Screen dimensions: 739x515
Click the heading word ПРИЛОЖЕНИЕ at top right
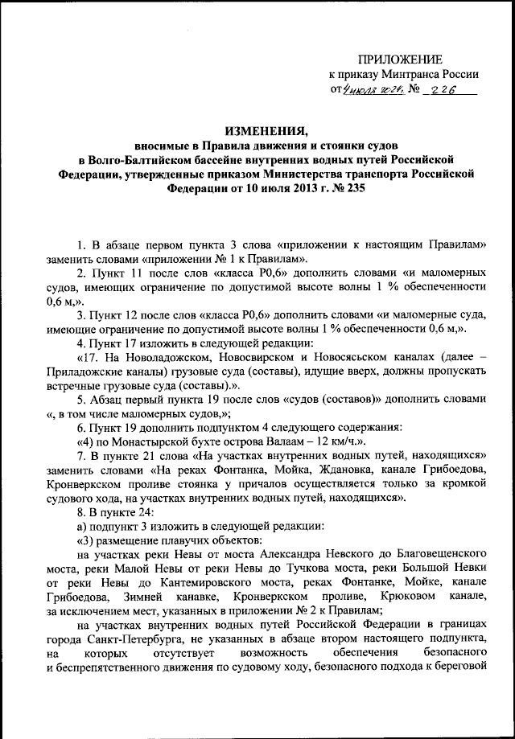click(400, 60)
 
